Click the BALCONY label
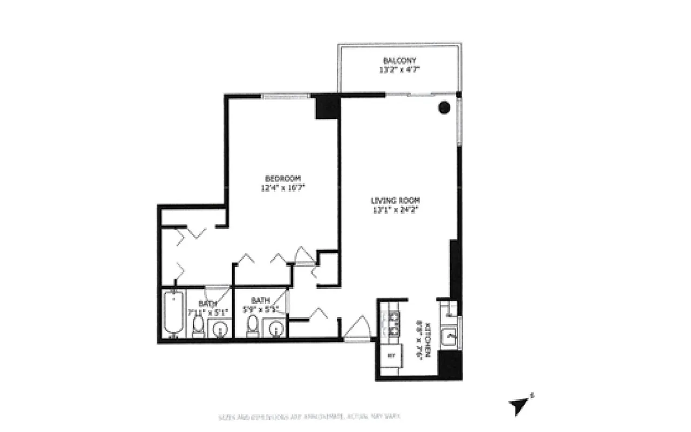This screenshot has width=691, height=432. click(399, 60)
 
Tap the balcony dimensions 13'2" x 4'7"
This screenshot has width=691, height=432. click(399, 70)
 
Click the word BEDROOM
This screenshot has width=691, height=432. click(282, 179)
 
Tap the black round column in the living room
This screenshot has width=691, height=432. click(444, 107)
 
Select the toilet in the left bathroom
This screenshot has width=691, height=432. click(198, 326)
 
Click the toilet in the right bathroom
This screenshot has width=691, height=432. click(252, 326)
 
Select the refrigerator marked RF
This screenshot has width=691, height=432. click(391, 356)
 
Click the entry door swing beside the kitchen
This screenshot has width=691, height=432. click(356, 329)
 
